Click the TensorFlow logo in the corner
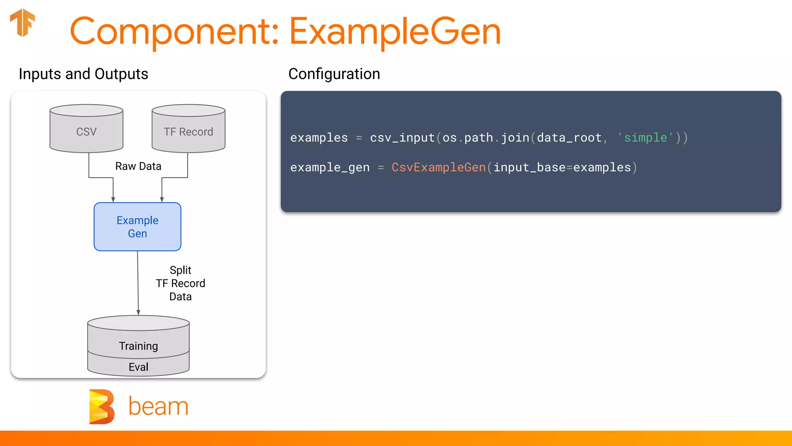[x=22, y=22]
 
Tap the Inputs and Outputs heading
[x=83, y=74]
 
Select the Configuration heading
[x=334, y=74]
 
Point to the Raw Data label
[x=138, y=166]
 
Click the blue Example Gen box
[x=137, y=227]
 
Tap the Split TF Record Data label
[x=180, y=283]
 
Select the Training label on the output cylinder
[x=138, y=346]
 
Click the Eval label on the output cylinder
[x=138, y=367]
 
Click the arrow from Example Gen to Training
[x=138, y=283]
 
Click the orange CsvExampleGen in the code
[x=438, y=167]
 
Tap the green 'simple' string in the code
[x=645, y=137]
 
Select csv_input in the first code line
[x=402, y=137]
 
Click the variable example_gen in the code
[x=329, y=167]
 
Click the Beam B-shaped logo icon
[x=102, y=407]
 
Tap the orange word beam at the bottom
[x=158, y=407]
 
